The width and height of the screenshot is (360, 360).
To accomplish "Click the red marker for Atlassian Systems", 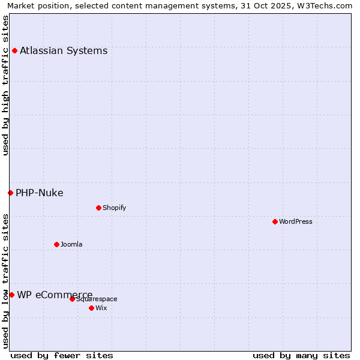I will point(14,50).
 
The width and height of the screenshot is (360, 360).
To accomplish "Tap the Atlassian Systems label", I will point(64,50).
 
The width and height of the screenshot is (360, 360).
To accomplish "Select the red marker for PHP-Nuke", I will point(10,193).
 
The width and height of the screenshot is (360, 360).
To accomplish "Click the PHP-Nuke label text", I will point(40,193).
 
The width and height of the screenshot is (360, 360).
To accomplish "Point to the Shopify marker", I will point(98,208).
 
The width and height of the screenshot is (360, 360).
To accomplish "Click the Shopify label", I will point(114,208).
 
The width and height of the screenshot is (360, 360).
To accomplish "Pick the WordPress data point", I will point(275,221).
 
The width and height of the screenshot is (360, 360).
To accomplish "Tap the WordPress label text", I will point(296,221).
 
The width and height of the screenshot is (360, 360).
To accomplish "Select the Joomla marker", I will point(56,244).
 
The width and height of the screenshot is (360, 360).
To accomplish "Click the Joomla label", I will point(71,244).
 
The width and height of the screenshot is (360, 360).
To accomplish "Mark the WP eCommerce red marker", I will point(11,295).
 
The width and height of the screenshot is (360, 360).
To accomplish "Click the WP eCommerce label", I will point(55,295).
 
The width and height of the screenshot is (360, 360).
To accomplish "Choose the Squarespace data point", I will point(72,299).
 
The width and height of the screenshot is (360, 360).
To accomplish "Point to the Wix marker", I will point(91,308).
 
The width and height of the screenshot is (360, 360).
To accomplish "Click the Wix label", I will point(101,308).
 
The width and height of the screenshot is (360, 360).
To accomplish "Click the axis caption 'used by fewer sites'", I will point(62,355).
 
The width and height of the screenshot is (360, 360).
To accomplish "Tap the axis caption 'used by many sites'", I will point(301,355).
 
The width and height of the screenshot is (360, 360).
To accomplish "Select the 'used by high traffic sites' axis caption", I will point(5,85).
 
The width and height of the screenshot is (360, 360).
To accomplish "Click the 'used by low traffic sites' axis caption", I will point(5,280).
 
